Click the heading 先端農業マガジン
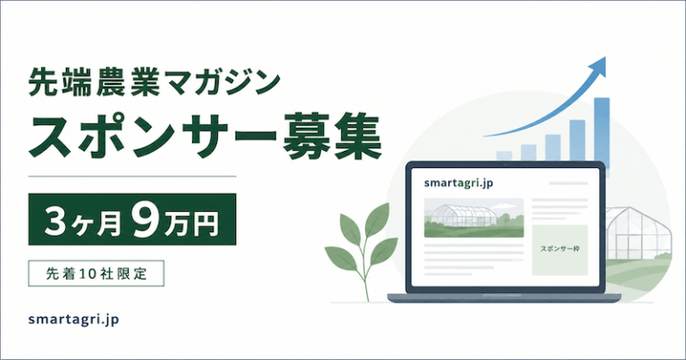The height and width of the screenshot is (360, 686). (x=154, y=83)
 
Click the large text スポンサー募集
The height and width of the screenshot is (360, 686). (x=205, y=137)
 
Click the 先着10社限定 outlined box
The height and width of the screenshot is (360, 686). (x=96, y=273)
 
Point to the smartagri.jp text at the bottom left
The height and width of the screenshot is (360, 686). (x=73, y=320)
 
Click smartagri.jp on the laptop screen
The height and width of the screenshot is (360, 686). (x=458, y=183)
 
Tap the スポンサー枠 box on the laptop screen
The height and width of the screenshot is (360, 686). (x=559, y=250)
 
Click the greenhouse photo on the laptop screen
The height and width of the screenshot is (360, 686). (x=473, y=218)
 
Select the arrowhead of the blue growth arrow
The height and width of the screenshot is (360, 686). (x=598, y=66)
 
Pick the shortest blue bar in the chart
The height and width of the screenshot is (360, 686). (x=504, y=156)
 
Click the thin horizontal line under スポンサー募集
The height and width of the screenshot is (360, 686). (x=132, y=176)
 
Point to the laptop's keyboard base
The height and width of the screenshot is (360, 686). (x=504, y=297)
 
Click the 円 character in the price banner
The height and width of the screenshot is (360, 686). (x=205, y=222)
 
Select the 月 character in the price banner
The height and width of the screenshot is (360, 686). (x=109, y=222)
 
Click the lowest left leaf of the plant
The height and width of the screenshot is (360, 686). (x=340, y=258)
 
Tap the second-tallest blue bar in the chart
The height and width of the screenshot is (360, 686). (x=578, y=141)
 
